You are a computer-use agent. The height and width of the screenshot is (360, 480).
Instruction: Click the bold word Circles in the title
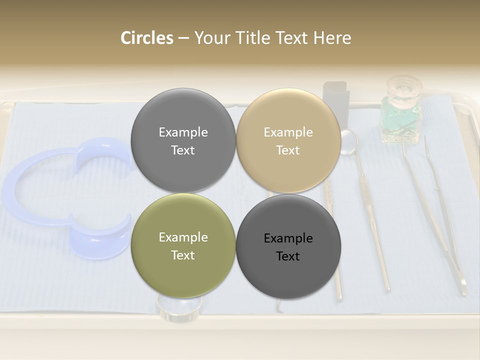pos(147,38)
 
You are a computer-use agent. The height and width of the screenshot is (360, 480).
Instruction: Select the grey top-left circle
pos(183,140)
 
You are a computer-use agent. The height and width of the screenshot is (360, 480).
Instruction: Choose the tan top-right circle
pos(288,140)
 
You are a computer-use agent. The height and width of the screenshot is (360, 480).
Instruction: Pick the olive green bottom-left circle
pos(183,245)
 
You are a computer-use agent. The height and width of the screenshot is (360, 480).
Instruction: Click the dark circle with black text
pos(288,246)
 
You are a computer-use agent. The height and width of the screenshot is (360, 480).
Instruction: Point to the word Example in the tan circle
pos(288,132)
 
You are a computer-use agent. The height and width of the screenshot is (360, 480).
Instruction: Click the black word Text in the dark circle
pos(288,256)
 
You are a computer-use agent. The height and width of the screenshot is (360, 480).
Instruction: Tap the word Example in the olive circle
pos(183,237)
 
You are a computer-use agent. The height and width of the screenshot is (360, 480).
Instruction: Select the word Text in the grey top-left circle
pos(183,150)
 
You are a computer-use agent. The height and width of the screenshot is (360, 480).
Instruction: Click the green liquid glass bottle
pos(400,120)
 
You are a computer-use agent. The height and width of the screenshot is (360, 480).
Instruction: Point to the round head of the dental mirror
pos(348,141)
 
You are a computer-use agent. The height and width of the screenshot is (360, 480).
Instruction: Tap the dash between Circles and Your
pos(183,38)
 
